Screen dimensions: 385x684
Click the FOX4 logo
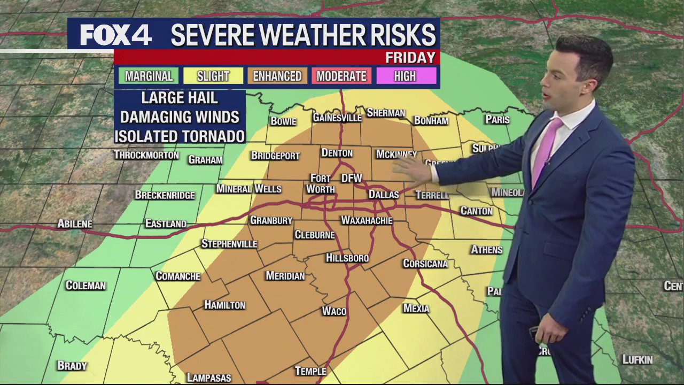click(115, 35)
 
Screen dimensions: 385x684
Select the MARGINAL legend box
click(149, 76)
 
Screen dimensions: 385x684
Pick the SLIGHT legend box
click(213, 76)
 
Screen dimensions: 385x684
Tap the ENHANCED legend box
click(277, 76)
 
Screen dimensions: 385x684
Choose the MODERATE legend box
click(341, 76)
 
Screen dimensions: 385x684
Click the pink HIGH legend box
click(405, 76)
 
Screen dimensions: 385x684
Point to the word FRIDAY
click(410, 58)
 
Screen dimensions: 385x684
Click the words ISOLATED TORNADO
click(180, 136)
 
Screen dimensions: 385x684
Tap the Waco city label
click(334, 311)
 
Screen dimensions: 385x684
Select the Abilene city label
click(75, 224)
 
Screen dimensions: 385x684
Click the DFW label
click(352, 178)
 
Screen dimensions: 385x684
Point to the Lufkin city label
click(638, 360)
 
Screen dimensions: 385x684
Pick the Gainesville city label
click(337, 118)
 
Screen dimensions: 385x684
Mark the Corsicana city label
click(425, 264)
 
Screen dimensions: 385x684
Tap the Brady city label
click(72, 366)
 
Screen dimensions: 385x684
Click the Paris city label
click(497, 119)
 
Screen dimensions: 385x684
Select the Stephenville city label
click(229, 244)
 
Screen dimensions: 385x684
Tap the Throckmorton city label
click(146, 155)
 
